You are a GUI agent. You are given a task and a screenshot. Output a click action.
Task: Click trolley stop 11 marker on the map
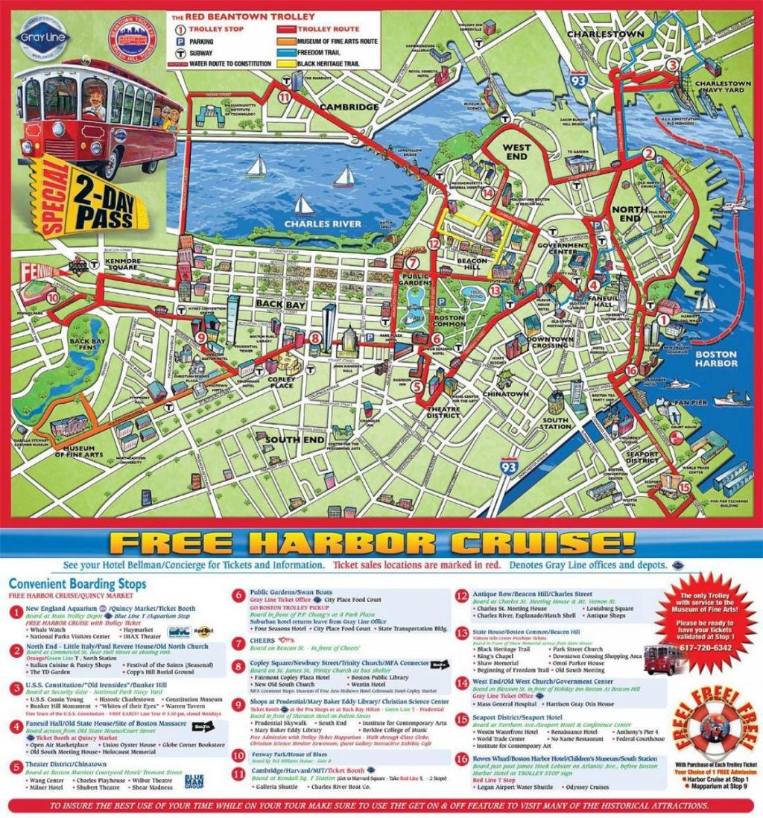point(284,97)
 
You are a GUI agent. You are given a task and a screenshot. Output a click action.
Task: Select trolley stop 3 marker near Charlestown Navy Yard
point(673,65)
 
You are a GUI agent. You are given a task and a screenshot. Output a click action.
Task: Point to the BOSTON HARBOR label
point(716,358)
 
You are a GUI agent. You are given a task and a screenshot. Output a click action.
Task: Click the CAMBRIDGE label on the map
point(349,107)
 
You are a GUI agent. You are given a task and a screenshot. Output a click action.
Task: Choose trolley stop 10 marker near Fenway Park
point(52,296)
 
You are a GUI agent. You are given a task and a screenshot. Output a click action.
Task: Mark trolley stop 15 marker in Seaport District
point(684,487)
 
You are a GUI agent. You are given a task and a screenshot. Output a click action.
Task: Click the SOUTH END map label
point(294,440)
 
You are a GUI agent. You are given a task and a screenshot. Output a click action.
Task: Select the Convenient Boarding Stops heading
point(78,585)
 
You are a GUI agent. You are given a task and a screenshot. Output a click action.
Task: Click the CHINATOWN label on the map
point(505,393)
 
